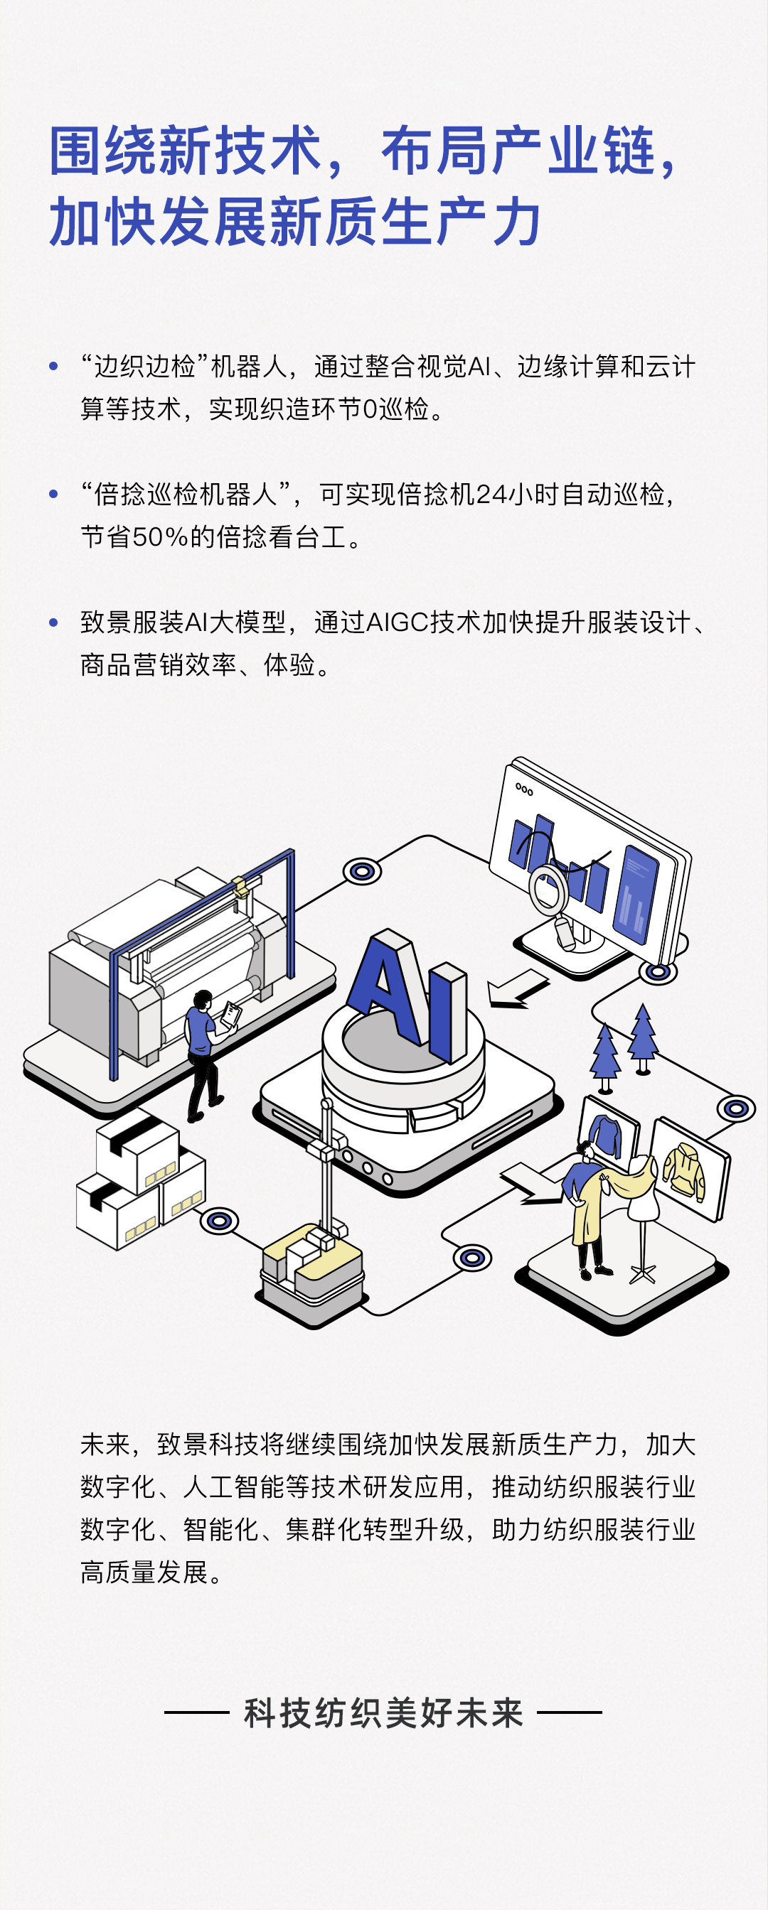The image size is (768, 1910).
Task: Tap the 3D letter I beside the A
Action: (x=447, y=1012)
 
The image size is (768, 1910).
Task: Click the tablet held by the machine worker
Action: (x=232, y=1013)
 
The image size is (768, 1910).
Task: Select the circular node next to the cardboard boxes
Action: (x=220, y=1221)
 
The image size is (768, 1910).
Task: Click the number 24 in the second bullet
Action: (x=490, y=495)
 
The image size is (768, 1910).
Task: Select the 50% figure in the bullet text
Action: (x=159, y=536)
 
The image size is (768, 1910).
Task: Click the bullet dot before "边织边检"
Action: (x=53, y=366)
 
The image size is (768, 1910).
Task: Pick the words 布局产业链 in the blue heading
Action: (x=519, y=151)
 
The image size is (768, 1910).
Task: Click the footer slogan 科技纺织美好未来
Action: (x=383, y=1712)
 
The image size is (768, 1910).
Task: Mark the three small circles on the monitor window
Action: (x=524, y=789)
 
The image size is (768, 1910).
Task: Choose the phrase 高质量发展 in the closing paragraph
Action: (x=144, y=1572)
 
